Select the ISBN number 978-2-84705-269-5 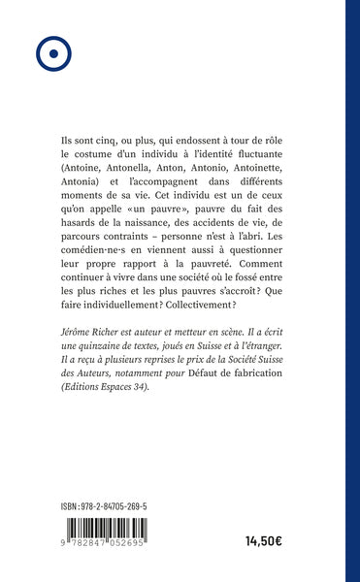click(x=126, y=507)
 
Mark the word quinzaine click(x=102, y=371)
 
